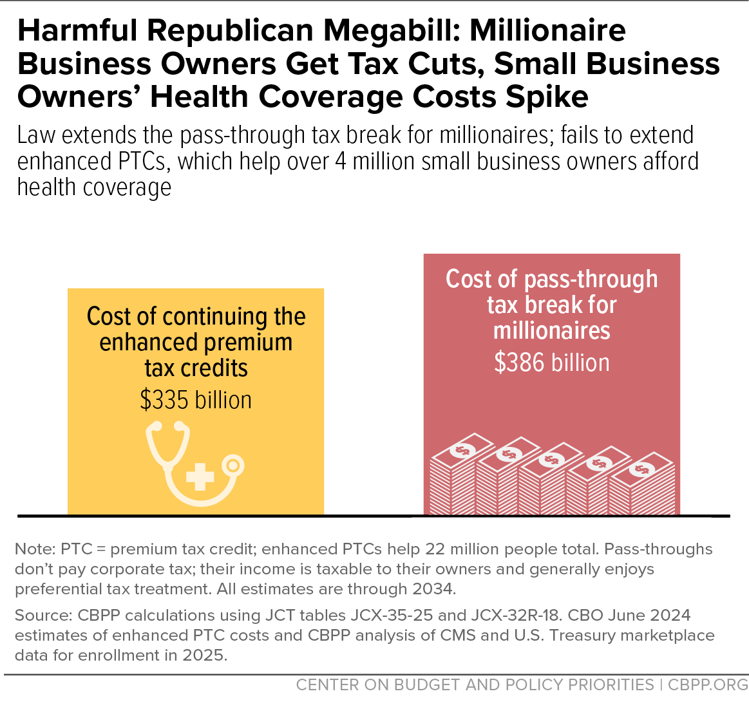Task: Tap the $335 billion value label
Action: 196,400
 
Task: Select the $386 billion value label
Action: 552,363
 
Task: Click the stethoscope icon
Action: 195,463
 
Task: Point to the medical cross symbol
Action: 200,476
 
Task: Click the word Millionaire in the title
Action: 548,30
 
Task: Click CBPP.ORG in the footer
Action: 708,684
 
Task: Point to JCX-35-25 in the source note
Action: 392,615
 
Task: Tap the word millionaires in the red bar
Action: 552,330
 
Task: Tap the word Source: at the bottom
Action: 43,615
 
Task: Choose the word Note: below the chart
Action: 35,549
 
